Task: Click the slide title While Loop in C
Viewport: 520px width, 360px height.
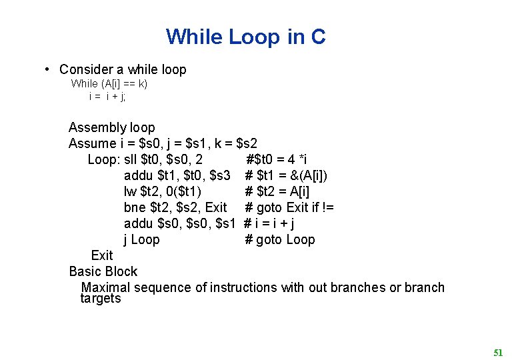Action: (x=245, y=37)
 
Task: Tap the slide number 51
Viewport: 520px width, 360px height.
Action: (x=498, y=353)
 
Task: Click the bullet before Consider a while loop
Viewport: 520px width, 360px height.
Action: (x=48, y=69)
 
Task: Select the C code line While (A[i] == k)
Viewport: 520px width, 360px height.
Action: (x=109, y=83)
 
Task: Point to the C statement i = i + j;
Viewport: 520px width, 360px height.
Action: (x=107, y=96)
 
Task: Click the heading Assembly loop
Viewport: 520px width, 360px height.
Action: (x=111, y=127)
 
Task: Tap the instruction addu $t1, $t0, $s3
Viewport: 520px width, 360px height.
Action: (x=177, y=175)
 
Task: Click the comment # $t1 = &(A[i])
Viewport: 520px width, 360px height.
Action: (x=286, y=175)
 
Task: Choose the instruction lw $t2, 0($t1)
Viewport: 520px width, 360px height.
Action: (x=163, y=191)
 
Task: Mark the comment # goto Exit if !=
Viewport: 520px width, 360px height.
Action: (x=289, y=207)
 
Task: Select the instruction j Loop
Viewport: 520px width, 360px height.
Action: (x=142, y=239)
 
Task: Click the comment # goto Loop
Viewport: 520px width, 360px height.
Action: (x=280, y=239)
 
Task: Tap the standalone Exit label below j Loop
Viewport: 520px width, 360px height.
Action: (x=102, y=255)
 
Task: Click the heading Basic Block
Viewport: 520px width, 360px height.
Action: (x=103, y=271)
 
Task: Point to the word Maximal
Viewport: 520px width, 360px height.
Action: (x=105, y=287)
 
